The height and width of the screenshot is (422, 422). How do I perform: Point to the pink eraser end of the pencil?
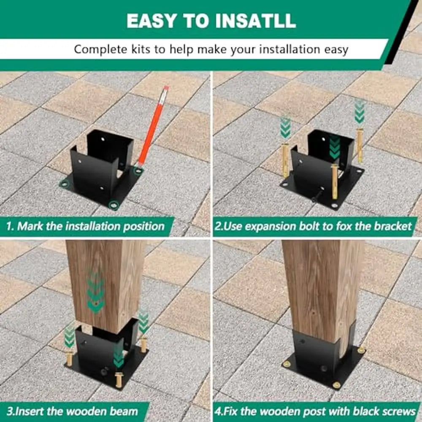165,89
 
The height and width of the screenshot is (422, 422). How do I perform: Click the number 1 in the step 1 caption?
9,226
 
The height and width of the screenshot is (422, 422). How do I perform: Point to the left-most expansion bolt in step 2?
286,160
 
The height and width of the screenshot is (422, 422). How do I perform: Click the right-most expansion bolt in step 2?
360,146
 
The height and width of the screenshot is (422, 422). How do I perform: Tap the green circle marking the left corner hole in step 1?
64,183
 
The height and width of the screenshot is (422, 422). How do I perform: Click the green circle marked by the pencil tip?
137,170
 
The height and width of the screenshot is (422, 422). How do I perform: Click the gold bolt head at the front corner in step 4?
336,385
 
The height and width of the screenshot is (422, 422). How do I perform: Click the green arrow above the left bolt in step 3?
69,337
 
